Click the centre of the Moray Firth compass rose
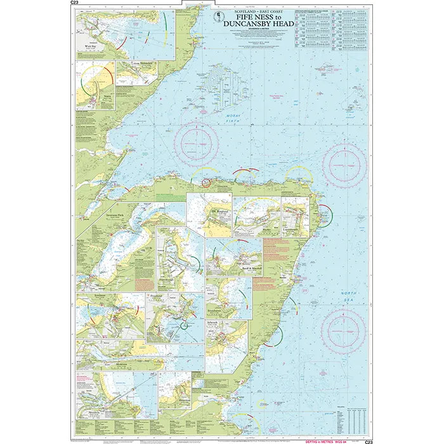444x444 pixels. coord(199,143)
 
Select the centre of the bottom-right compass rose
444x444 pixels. coord(343,331)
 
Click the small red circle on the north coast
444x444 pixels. coord(207,183)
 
